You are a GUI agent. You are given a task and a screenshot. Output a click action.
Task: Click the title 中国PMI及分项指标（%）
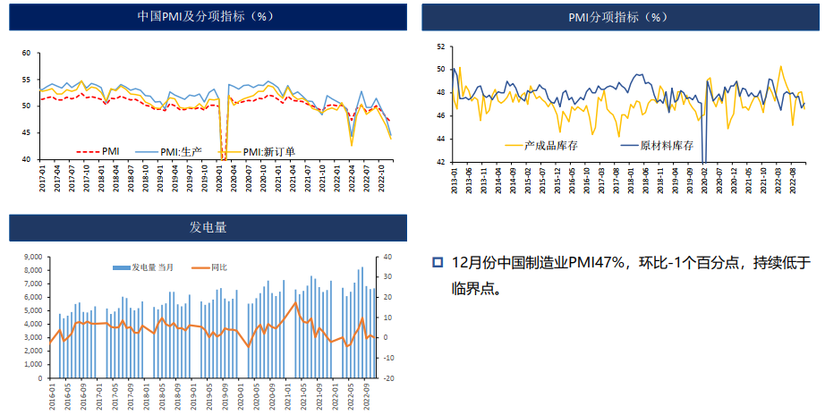pos(205,16)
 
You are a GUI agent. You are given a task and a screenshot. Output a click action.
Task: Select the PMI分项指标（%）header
pos(618,17)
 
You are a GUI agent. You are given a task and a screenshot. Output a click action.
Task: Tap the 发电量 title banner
pos(208,227)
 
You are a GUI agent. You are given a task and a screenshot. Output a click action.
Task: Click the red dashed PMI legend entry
pos(98,151)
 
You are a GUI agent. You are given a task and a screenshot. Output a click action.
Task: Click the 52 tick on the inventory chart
pos(439,47)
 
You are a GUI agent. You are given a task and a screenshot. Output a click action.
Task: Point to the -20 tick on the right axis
pos(389,378)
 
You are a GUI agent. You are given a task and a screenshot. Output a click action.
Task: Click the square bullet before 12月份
pos(438,262)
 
